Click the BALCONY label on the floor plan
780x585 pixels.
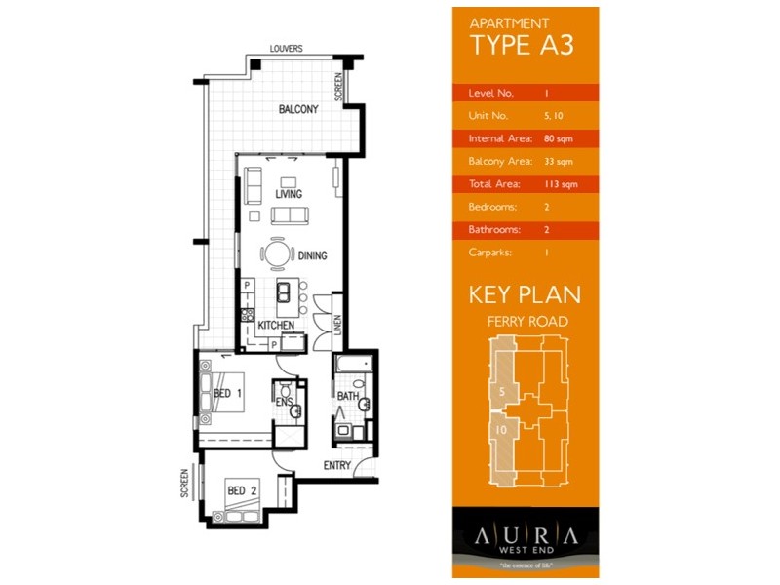[297, 109]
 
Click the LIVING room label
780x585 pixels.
[288, 194]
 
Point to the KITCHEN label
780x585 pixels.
[276, 325]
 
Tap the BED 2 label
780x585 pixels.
[241, 490]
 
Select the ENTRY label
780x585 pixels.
[336, 465]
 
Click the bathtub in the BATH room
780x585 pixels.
[348, 369]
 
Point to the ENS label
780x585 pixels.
[285, 402]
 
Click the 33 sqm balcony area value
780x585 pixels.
[558, 162]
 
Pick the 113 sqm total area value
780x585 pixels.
[560, 184]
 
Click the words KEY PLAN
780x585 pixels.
[525, 294]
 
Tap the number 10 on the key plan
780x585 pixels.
[500, 429]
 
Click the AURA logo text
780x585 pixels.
[526, 536]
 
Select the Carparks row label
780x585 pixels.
[492, 253]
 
